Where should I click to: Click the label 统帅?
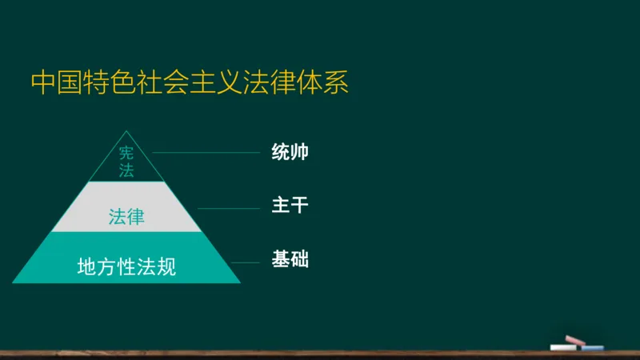point(290,152)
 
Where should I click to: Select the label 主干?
point(290,206)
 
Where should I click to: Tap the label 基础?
point(290,260)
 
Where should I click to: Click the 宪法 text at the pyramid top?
point(126,162)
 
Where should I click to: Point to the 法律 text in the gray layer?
point(126,216)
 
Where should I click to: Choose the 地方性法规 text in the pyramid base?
point(126,267)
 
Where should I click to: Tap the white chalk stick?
point(565,347)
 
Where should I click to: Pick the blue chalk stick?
point(592,348)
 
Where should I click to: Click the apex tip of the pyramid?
point(126,130)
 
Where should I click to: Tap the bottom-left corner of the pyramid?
point(13,282)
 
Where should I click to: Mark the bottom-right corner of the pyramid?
point(240,282)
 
